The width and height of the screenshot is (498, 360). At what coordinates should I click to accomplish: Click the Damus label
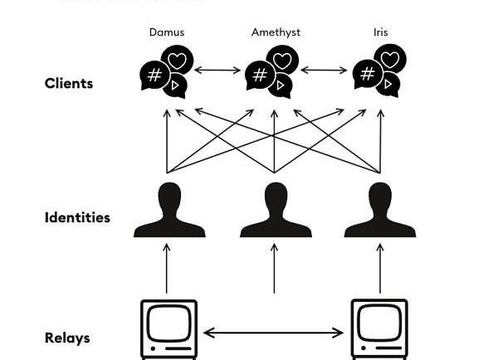tap(167, 32)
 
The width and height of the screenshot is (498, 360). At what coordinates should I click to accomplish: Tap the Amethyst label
tap(276, 32)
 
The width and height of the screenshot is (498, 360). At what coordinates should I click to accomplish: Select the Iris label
tap(380, 32)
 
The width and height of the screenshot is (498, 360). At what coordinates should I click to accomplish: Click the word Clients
tap(69, 84)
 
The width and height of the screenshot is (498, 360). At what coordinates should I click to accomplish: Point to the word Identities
tap(77, 218)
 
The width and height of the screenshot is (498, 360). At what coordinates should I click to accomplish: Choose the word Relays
tap(67, 338)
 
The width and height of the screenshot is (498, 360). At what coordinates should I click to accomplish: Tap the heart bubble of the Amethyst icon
tap(283, 61)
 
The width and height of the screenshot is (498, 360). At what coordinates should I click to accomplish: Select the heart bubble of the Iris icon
tap(390, 61)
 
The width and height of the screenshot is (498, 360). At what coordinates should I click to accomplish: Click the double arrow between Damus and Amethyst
tap(217, 71)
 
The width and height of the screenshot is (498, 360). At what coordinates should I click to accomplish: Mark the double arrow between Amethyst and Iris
tap(324, 71)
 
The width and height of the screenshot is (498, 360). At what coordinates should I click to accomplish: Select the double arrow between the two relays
tap(274, 333)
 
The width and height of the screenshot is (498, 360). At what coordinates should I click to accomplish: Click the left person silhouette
tap(169, 212)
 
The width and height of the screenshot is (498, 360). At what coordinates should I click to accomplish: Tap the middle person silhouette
tap(276, 212)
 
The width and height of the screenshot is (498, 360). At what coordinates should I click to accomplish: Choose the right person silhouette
tap(380, 212)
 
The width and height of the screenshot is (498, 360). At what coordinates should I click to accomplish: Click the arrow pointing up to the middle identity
tap(275, 267)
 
